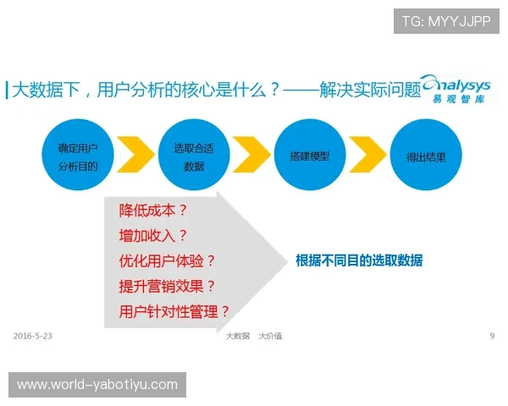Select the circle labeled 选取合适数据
[x=193, y=156]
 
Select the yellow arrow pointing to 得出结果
[x=366, y=156]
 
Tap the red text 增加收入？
[x=153, y=236]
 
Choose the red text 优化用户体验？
[x=167, y=261]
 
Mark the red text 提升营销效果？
[x=167, y=286]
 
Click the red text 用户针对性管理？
[x=174, y=310]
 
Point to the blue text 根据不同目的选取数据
[x=359, y=261]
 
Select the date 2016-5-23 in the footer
[x=33, y=336]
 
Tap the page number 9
[x=492, y=336]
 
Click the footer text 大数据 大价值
[x=253, y=336]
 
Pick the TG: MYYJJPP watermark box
[x=446, y=21]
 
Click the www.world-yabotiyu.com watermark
[x=97, y=385]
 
